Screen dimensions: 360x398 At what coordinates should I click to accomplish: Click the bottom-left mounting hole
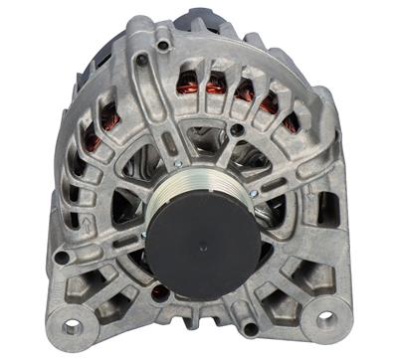pos(72,325)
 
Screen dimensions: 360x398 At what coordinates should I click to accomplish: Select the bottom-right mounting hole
pos(325,319)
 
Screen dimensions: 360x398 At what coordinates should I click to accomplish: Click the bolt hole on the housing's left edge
pos(62,258)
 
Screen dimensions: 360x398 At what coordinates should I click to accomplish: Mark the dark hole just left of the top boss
pos(140,60)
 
